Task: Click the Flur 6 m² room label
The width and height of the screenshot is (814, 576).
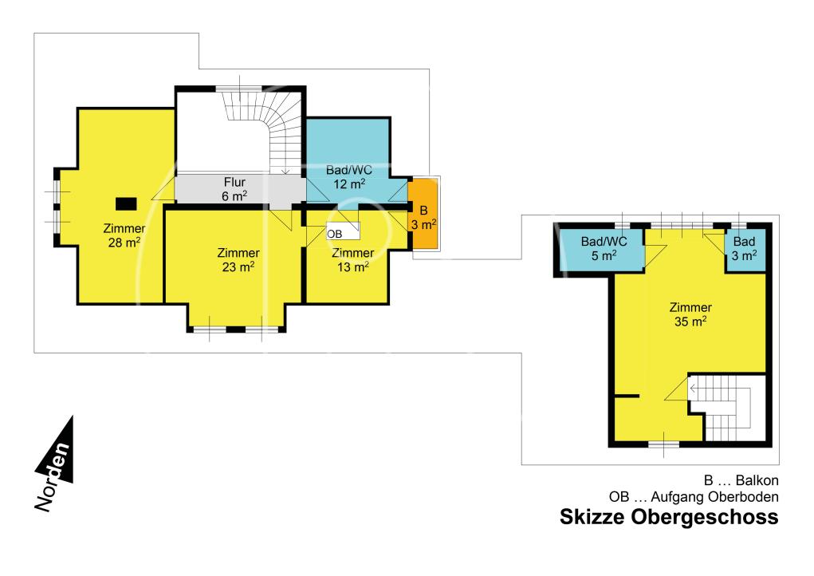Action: coord(234,189)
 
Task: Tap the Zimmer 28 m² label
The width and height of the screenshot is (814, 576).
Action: coord(124,235)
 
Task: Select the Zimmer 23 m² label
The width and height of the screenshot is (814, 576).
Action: coord(238,260)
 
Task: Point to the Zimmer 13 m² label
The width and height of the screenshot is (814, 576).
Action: coord(353,260)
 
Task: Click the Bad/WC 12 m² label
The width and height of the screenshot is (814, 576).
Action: coord(349,177)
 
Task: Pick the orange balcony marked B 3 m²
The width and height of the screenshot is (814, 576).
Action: coord(423,213)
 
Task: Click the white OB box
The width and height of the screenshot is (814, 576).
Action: coord(343,231)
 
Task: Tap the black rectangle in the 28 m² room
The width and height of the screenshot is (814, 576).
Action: coord(126,203)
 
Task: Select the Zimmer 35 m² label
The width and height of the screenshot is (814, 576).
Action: coord(690,314)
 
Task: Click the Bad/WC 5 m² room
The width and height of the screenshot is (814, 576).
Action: coord(602,249)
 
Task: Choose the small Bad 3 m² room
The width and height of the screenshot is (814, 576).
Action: coord(745,250)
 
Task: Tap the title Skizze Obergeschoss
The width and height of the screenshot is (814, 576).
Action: coord(669,517)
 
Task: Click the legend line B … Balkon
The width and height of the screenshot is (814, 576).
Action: coord(741,480)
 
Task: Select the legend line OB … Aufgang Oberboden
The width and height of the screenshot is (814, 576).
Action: coord(694,497)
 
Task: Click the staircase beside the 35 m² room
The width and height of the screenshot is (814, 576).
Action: coord(727,408)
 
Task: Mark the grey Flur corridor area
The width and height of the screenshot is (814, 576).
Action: coord(239,189)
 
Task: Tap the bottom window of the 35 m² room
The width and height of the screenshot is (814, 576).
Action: coord(663,444)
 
